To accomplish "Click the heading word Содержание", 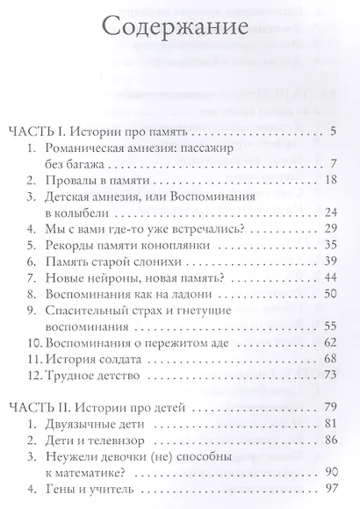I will click(179, 25).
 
